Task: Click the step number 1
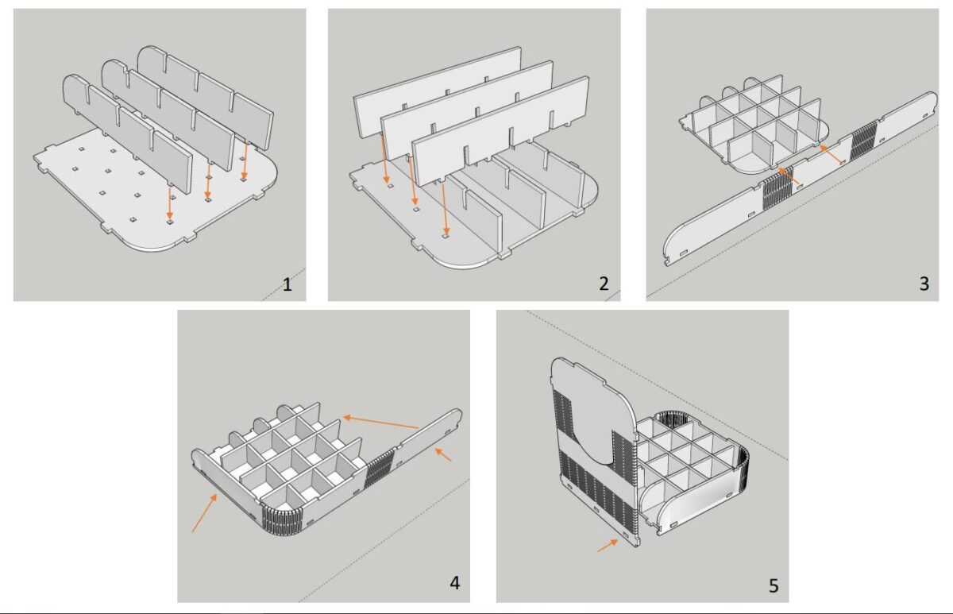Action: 287,284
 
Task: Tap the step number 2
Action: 604,284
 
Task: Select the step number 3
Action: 923,283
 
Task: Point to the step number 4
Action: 454,582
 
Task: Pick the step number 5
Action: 773,586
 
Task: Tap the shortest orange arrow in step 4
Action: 444,455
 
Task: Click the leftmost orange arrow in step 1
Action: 170,203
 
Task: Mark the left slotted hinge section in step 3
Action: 777,193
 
